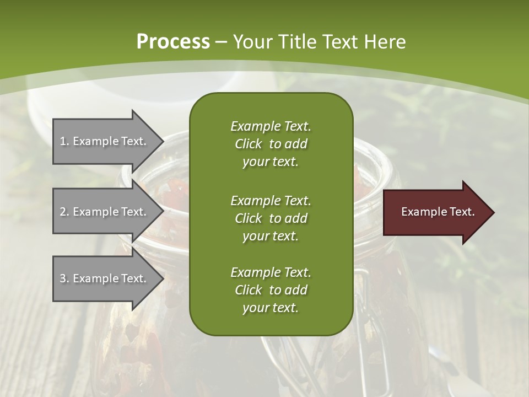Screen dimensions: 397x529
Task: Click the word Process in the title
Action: (x=173, y=41)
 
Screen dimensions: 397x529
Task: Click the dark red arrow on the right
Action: (x=435, y=212)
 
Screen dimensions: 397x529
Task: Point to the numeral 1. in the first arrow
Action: (x=64, y=141)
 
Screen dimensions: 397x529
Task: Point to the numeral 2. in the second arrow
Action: (x=64, y=212)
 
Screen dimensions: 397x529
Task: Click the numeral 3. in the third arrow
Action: (x=64, y=278)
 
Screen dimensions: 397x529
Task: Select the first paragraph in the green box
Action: (x=271, y=144)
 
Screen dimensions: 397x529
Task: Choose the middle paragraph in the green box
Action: (x=271, y=218)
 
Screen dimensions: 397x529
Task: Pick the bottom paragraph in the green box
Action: (x=271, y=290)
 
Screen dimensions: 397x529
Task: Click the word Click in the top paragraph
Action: (x=249, y=144)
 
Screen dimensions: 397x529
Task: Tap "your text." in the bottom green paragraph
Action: (x=271, y=308)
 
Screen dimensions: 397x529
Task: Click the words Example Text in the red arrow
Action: (x=438, y=212)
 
